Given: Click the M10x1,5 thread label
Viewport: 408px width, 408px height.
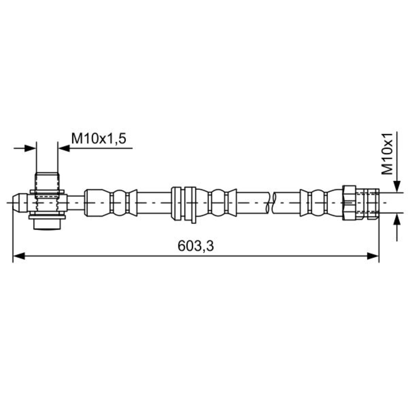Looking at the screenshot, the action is [x=99, y=139].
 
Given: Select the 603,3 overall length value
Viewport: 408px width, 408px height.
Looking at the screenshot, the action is [x=195, y=246].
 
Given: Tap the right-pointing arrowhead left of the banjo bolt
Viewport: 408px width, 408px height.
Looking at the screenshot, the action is [x=30, y=148].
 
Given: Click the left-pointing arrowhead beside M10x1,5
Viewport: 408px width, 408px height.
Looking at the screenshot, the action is [x=64, y=148].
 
